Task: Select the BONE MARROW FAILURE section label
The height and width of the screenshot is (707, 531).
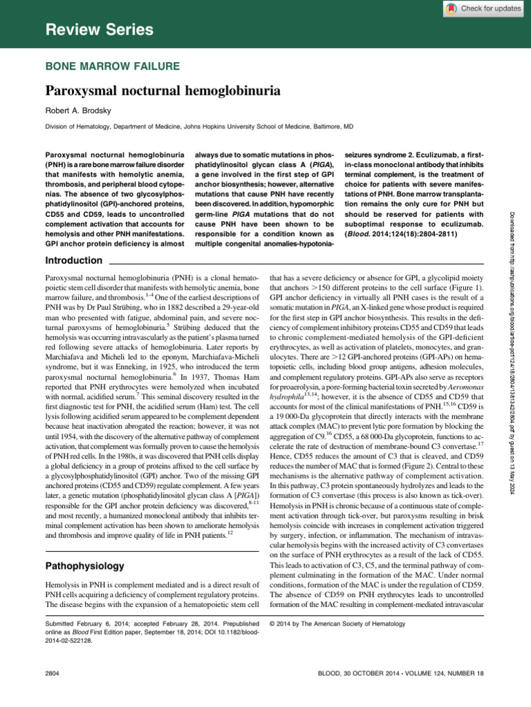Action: pyautogui.click(x=113, y=66)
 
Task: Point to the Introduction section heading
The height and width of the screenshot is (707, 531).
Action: pyautogui.click(x=73, y=260)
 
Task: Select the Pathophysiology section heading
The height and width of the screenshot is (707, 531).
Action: pyautogui.click(x=84, y=566)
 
